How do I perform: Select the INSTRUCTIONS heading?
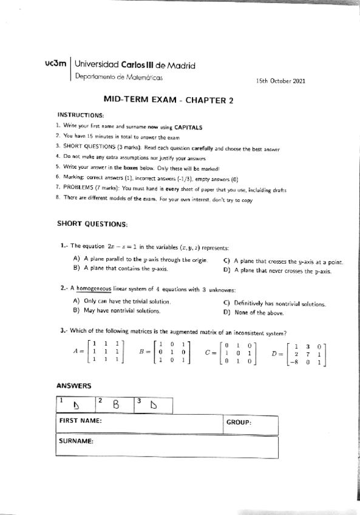(81, 115)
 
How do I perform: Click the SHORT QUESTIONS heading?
(92, 223)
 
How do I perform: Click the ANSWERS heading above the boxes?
(73, 386)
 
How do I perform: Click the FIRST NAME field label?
(80, 421)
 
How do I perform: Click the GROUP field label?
(239, 421)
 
